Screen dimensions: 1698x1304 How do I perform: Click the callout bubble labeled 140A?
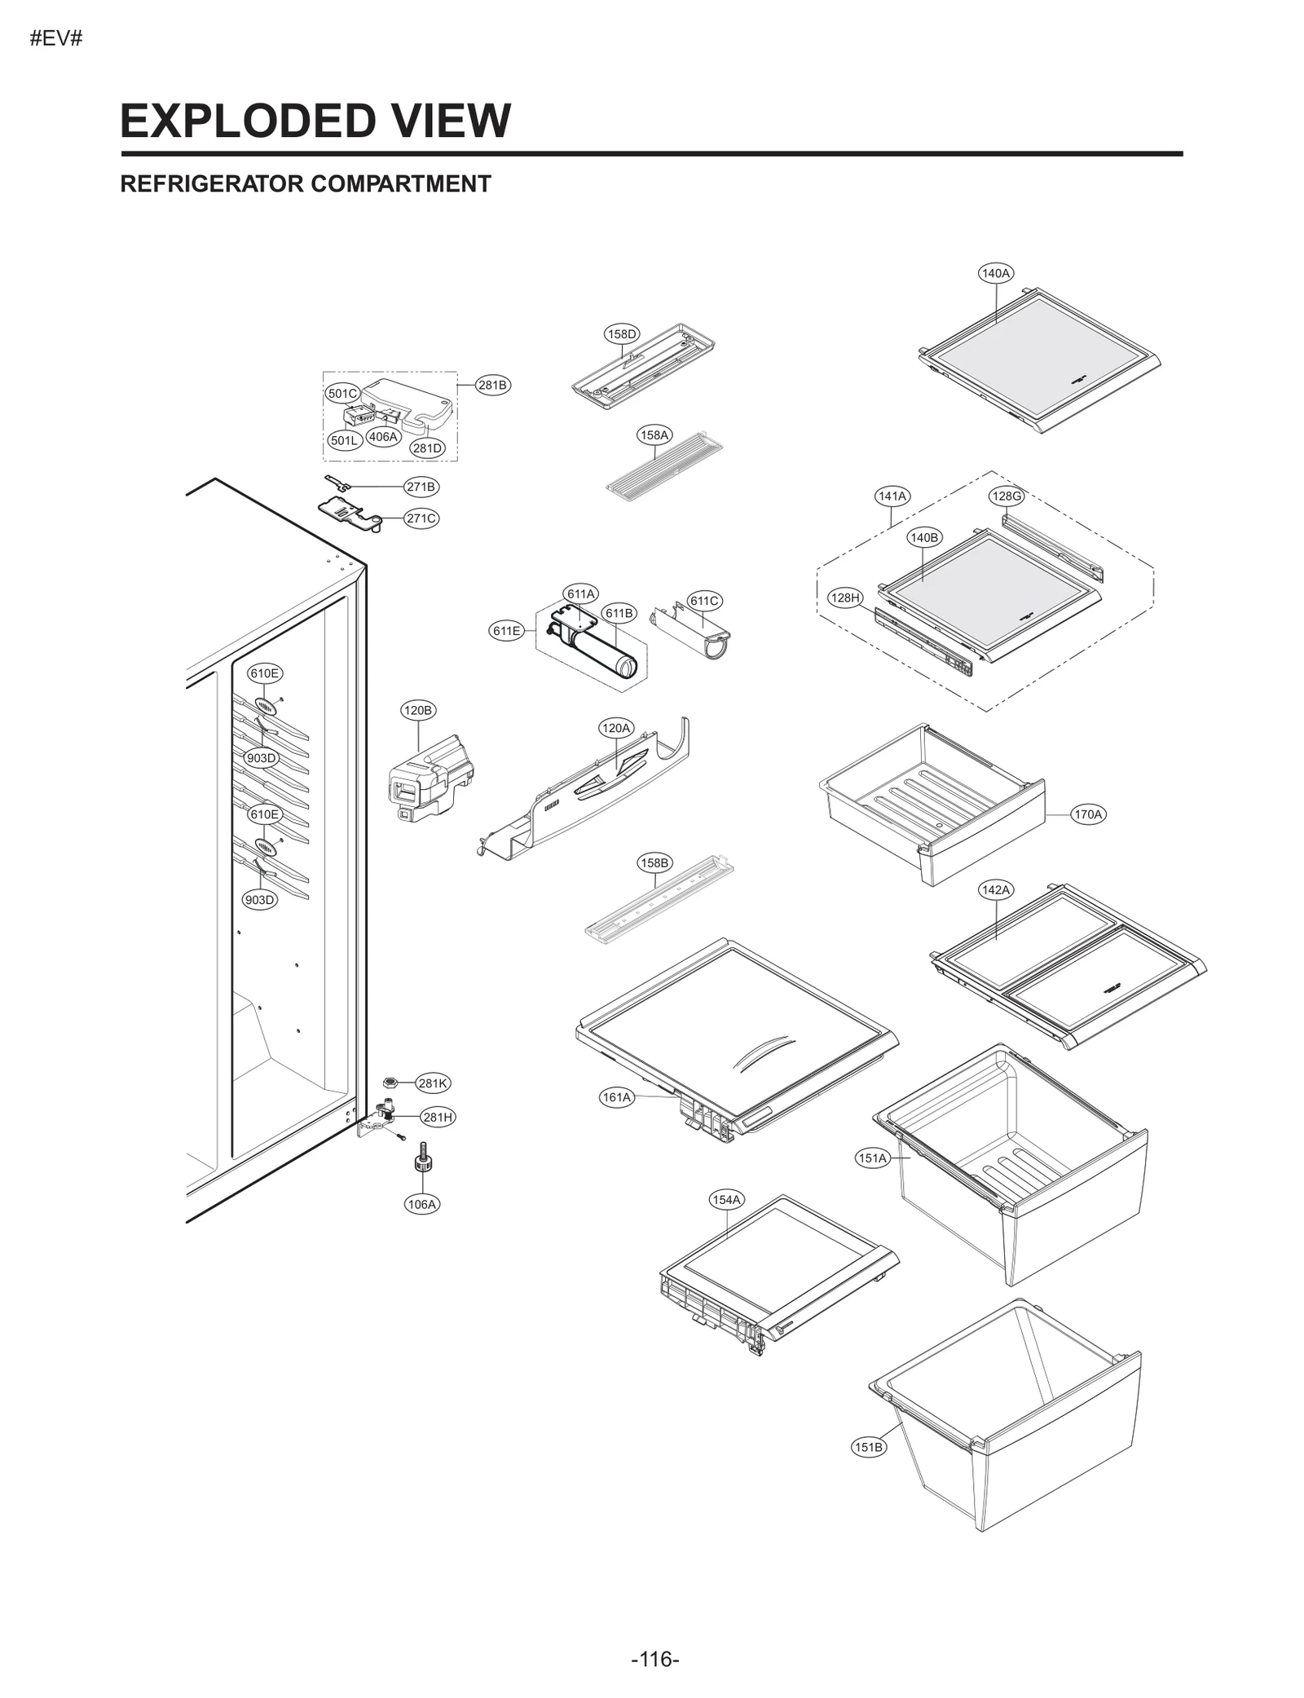(x=995, y=273)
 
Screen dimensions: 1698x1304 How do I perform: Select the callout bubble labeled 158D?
(x=622, y=333)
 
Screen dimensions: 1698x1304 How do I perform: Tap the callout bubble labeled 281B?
(x=492, y=385)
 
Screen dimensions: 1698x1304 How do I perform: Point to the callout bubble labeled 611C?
(x=704, y=601)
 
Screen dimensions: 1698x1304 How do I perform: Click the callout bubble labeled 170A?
(x=1088, y=814)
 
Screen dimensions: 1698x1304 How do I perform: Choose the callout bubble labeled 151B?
(x=868, y=1447)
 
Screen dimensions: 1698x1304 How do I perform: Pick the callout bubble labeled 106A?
(x=422, y=1204)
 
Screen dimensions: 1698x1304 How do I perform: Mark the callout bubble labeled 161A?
(x=617, y=1097)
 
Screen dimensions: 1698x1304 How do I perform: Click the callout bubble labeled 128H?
(x=845, y=598)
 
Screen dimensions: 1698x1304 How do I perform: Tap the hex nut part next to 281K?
(x=390, y=1083)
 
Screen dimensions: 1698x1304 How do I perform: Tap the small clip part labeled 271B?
(x=337, y=482)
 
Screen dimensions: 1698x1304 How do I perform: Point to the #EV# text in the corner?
(x=56, y=38)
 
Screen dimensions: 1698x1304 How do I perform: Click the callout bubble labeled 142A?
(x=995, y=889)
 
